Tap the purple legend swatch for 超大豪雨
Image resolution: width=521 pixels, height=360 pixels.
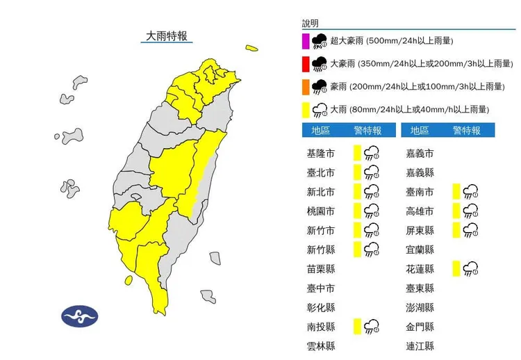306,41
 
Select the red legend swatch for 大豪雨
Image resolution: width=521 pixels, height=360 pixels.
306,65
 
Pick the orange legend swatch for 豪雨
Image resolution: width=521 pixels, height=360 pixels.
306,87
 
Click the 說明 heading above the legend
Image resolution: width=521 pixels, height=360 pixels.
311,24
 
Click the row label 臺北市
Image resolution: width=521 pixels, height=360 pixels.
320,172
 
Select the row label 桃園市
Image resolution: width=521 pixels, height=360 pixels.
320,211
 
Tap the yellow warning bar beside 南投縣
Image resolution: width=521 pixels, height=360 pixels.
356,326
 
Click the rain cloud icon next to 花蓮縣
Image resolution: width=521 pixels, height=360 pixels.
472,268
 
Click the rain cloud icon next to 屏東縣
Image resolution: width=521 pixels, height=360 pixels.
472,230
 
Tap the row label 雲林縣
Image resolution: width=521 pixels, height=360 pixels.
320,345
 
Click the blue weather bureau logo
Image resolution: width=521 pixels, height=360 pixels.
81,316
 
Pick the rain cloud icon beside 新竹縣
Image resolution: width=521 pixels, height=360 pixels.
372,249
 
